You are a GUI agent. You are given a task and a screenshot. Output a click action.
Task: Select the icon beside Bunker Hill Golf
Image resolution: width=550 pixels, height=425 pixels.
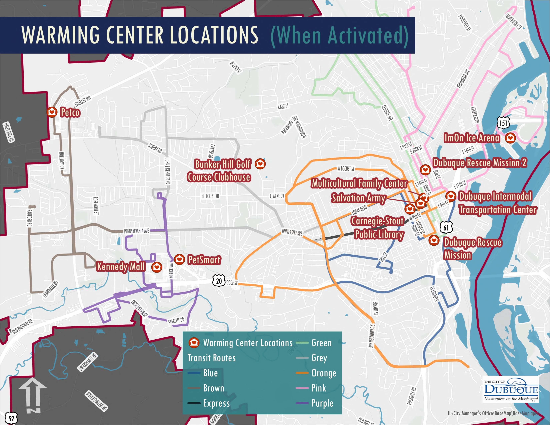(260, 164)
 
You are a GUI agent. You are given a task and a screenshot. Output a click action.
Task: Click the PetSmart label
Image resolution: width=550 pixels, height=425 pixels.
(204, 259)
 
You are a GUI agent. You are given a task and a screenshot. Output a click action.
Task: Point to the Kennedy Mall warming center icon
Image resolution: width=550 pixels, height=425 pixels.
(157, 267)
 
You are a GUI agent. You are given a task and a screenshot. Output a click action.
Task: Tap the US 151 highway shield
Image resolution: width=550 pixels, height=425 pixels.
(503, 123)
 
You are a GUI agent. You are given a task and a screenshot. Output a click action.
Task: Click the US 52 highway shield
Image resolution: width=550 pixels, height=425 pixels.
(11, 418)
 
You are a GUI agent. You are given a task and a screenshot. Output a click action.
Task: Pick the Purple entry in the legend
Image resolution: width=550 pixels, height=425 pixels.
(322, 403)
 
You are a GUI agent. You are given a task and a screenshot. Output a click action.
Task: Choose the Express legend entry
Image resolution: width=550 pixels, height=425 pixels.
(216, 403)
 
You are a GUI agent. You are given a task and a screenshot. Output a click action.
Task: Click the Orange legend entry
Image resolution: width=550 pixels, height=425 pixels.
(324, 373)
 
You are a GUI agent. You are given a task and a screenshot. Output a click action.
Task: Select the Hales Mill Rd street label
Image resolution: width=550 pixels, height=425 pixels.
(8, 132)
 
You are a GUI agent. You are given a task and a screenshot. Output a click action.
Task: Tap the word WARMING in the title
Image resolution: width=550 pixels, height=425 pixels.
(60, 35)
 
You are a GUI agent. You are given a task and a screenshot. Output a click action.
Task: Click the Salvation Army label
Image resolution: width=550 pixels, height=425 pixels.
(358, 198)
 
